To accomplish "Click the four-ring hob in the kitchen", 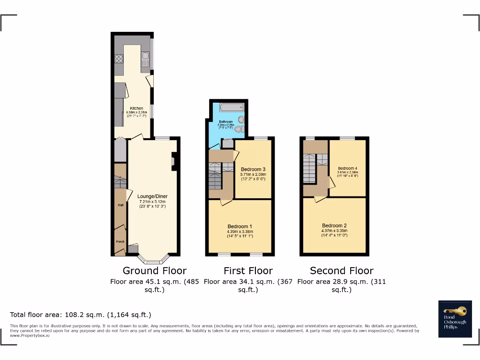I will click(x=119, y=59).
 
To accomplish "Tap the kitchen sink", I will click(x=145, y=59).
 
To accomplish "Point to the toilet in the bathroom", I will click(x=240, y=129).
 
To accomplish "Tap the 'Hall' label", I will click(x=120, y=205).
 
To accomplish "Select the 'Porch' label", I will click(x=120, y=242).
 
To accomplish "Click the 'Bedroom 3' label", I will click(x=253, y=169).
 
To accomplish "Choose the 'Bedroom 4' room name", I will click(x=347, y=168).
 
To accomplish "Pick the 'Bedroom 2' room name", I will click(x=334, y=225).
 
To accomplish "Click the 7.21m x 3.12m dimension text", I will click(x=152, y=202).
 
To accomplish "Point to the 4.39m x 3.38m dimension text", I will click(x=240, y=231).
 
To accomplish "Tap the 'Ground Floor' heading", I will click(x=154, y=270).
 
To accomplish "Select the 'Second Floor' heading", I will click(x=341, y=270).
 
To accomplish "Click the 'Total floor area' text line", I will click(x=81, y=315).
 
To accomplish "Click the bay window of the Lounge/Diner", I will click(x=153, y=259).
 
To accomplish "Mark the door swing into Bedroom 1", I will click(x=226, y=202).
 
